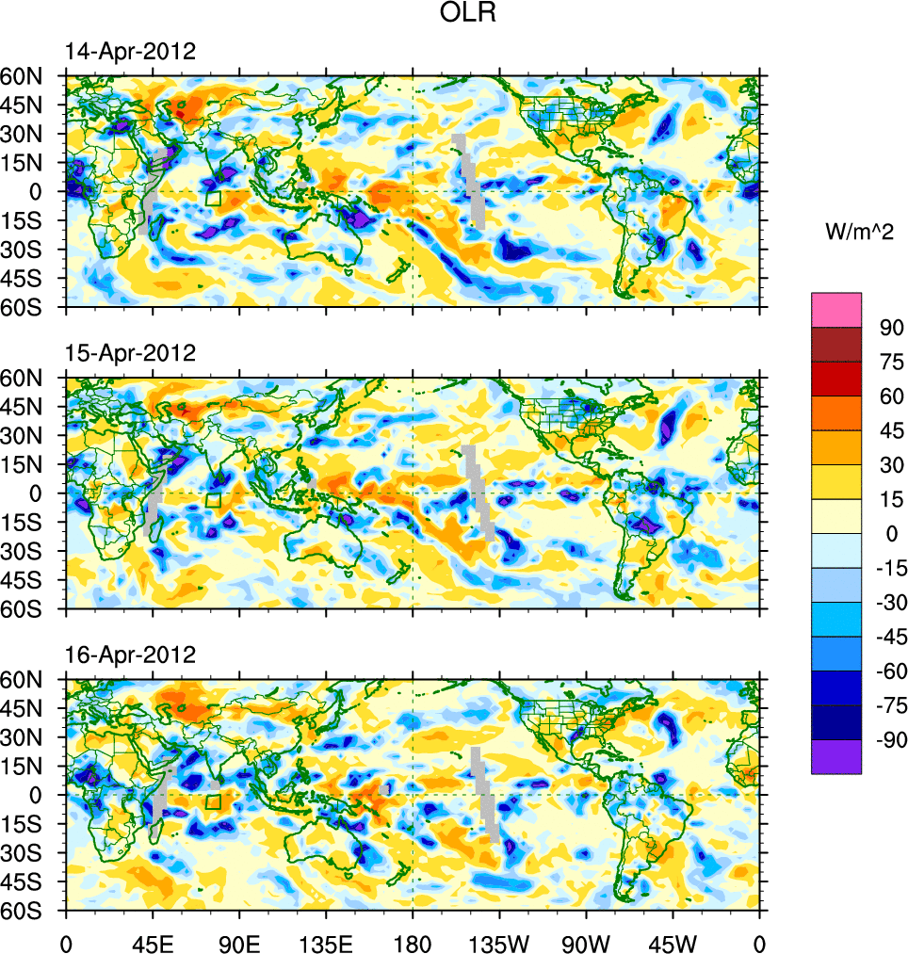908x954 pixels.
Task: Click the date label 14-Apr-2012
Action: (130, 52)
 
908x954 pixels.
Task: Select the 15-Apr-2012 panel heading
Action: (130, 353)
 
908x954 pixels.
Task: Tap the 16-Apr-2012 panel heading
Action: (130, 655)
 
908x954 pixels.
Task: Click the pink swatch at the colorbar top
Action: (836, 309)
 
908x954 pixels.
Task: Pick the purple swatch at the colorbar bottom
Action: (836, 756)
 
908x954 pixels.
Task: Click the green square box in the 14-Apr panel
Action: (213, 198)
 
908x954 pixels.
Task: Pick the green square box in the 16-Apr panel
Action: (213, 801)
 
